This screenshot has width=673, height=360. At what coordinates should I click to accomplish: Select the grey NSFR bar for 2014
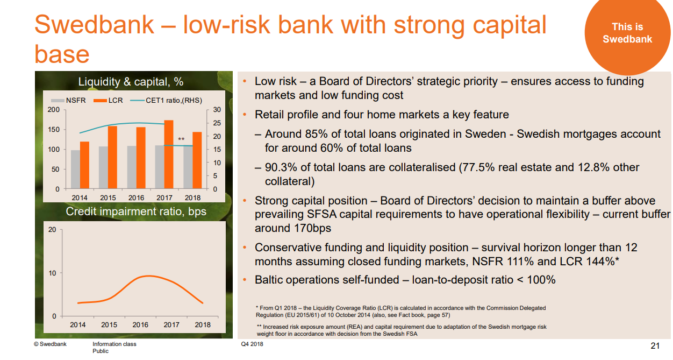click(x=75, y=170)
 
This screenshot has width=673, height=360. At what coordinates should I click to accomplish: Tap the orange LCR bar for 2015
click(x=112, y=157)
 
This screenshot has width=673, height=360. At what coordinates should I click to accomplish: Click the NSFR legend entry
click(x=65, y=100)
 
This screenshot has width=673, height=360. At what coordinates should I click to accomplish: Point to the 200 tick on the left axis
click(x=54, y=110)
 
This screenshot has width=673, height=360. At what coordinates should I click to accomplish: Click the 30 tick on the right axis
click(x=217, y=110)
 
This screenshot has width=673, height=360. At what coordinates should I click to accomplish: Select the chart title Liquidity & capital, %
click(x=131, y=82)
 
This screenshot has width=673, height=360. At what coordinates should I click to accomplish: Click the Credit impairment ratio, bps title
click(x=136, y=211)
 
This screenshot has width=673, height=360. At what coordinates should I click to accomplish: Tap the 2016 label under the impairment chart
click(x=140, y=324)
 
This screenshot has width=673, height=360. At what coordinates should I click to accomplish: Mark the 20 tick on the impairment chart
click(x=52, y=230)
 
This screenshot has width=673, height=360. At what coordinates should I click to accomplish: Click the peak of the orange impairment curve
click(x=149, y=276)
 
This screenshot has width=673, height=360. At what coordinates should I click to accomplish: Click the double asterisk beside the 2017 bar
click(x=181, y=139)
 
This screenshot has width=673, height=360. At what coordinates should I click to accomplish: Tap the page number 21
click(x=655, y=345)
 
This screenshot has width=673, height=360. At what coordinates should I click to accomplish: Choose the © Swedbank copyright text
click(x=50, y=344)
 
